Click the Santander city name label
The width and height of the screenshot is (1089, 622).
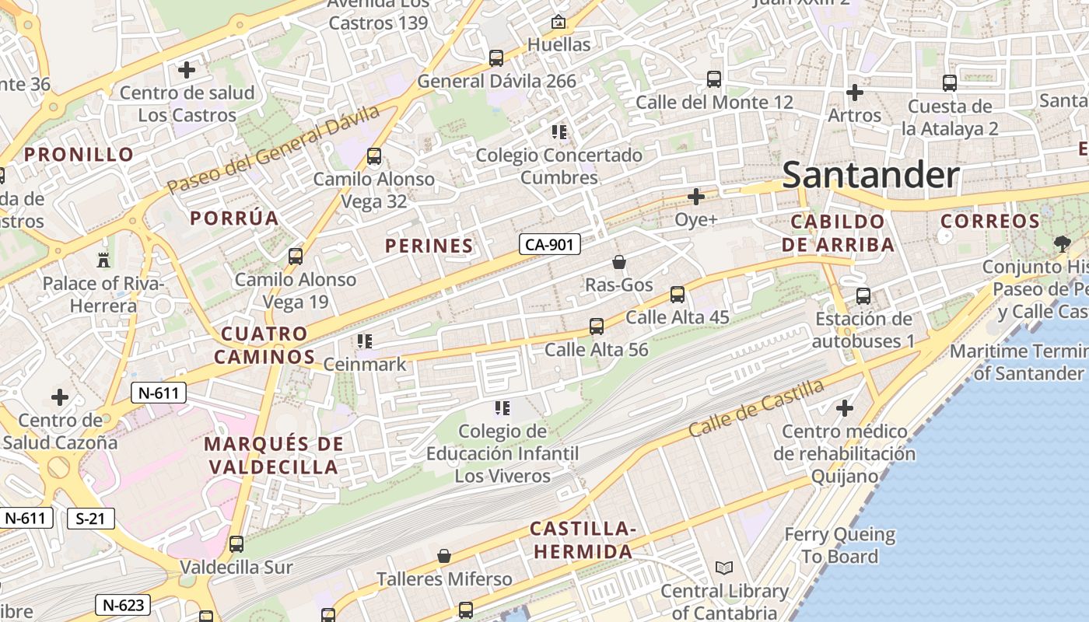pos(870,175)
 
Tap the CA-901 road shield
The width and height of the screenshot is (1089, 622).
pos(550,244)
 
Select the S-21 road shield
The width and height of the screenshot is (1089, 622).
pos(91,519)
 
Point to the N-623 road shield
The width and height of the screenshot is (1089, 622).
pos(122,604)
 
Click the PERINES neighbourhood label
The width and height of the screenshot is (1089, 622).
pos(429,246)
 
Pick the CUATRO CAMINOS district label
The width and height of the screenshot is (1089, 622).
pos(264,345)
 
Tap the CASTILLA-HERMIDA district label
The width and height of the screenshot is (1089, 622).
pos(583,540)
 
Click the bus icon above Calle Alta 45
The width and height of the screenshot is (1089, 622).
pos(678,295)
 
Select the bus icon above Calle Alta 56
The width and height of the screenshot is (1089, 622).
pos(597,327)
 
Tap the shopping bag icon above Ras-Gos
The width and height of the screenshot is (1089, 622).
pos(619,262)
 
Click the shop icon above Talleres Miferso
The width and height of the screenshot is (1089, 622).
pos(444,556)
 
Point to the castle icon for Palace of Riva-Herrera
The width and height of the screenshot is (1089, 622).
pos(103,260)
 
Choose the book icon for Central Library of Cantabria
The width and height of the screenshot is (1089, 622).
pos(724,568)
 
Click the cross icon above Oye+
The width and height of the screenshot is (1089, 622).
pos(696,197)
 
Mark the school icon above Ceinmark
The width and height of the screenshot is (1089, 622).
pos(365,341)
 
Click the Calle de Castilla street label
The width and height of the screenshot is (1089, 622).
pos(756,408)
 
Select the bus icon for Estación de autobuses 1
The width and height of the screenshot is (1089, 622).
pos(863,296)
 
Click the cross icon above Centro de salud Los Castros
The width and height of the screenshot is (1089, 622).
pos(187,70)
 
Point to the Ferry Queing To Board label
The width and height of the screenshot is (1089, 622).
pos(839,546)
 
